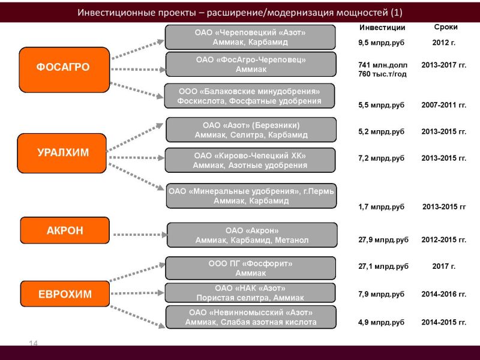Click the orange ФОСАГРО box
point(64,70)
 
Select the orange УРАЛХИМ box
point(62,153)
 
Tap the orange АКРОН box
point(65,230)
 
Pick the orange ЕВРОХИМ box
point(65,294)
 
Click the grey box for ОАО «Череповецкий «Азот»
point(250,37)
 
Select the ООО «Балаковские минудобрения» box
point(250,96)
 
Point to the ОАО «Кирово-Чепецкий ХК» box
point(250,160)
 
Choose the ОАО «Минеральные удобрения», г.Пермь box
point(251,196)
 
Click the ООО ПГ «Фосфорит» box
point(250,268)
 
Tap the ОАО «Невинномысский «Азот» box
point(251,317)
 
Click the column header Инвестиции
point(382,28)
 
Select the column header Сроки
point(446,27)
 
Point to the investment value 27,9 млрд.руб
point(383,240)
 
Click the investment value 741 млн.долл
point(383,65)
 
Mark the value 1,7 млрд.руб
point(382,207)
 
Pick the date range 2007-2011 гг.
point(444,105)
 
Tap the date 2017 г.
point(444,266)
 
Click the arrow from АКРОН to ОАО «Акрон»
point(140,235)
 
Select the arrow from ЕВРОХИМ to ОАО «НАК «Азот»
point(138,293)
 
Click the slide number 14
point(34,343)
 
